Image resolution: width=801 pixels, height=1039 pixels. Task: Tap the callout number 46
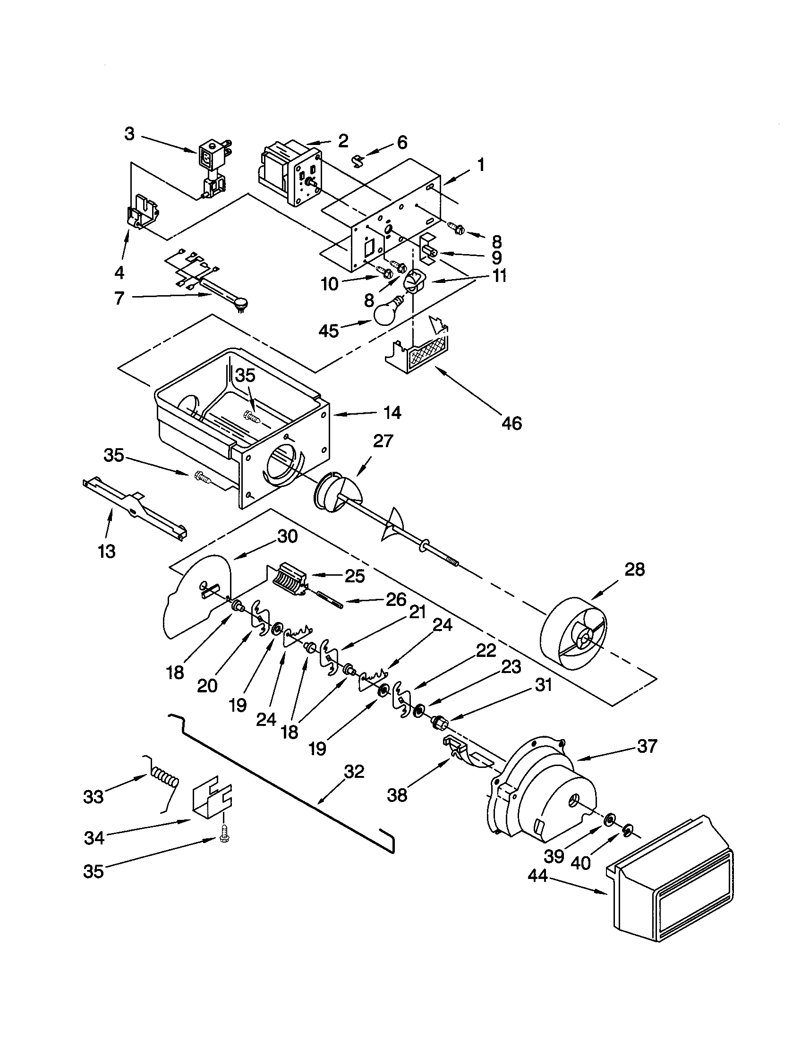[511, 423]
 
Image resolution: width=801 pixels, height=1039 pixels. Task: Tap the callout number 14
[392, 412]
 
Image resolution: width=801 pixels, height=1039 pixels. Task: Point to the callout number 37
[647, 746]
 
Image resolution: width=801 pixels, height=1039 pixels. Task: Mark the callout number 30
[287, 536]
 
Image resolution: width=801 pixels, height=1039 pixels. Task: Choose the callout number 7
[119, 298]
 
